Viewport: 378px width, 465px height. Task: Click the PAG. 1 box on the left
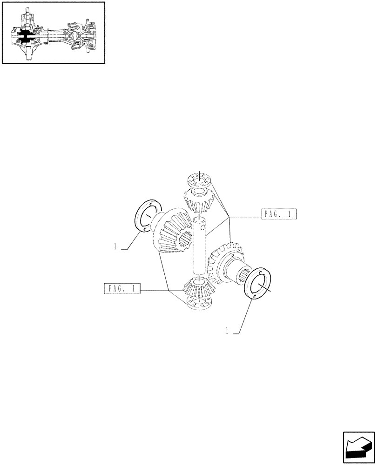pyautogui.click(x=121, y=288)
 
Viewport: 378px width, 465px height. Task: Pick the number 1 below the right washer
pyautogui.click(x=227, y=331)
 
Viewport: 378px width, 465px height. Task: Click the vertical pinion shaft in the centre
pyautogui.click(x=199, y=246)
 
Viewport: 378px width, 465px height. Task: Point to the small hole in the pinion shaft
pyautogui.click(x=202, y=228)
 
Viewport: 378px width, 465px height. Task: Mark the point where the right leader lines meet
pyautogui.click(x=229, y=217)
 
